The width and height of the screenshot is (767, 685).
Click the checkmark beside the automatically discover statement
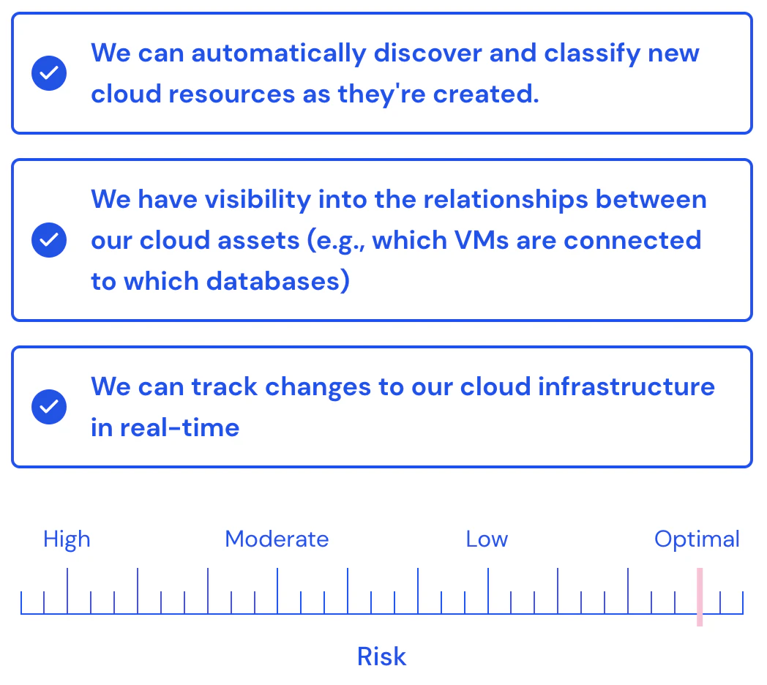(49, 73)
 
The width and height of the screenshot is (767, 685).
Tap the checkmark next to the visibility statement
(49, 240)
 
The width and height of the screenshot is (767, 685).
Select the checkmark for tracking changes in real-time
(49, 407)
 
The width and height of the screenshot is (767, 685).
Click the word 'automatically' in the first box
(279, 54)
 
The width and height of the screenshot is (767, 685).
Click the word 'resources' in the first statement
(232, 94)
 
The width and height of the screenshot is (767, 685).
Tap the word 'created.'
(486, 93)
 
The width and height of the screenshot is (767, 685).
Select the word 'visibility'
(258, 200)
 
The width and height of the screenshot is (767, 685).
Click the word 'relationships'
(506, 200)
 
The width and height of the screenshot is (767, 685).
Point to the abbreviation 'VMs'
(482, 241)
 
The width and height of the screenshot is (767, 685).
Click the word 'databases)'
(278, 281)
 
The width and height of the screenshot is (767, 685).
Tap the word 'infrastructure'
(626, 386)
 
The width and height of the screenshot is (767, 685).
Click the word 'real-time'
(179, 428)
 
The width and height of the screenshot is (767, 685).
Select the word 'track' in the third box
(224, 387)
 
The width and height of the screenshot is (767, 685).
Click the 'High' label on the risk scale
(67, 540)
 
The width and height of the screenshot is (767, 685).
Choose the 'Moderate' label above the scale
(277, 539)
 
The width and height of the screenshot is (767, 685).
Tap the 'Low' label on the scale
(487, 539)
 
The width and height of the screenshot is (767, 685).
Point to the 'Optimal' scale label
(697, 540)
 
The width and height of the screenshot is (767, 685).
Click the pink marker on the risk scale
(700, 597)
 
